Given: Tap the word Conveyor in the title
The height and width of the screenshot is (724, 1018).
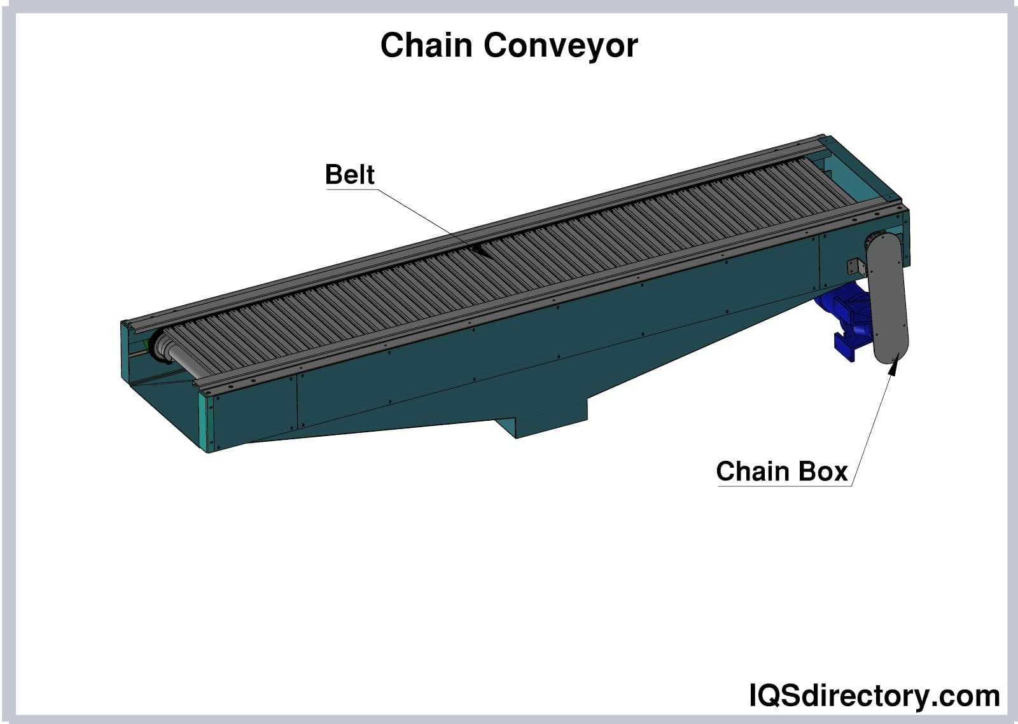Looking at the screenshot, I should click(x=561, y=46).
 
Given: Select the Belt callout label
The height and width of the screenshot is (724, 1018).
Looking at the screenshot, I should click(x=349, y=174).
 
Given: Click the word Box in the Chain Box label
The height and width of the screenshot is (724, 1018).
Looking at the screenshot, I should click(x=823, y=472).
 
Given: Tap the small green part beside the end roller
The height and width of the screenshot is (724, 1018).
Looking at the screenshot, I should click(x=148, y=344).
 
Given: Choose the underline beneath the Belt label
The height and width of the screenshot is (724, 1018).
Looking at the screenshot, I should click(x=351, y=189).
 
